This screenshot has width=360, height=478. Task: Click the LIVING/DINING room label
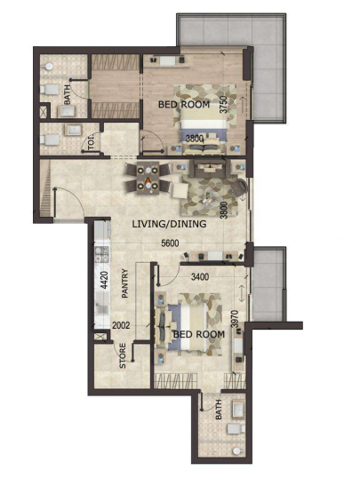169,224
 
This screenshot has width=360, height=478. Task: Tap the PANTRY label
125,283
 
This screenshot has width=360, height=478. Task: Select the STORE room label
123,355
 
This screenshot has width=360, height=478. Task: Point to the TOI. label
92,143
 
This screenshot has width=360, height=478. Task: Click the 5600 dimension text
170,243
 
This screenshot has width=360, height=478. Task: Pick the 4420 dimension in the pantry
104,280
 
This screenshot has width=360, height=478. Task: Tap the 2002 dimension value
121,325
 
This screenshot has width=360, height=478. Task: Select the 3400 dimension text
200,277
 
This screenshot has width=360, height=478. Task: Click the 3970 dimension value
235,319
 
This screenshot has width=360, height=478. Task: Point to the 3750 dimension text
224,105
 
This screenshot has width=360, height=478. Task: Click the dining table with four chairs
148,178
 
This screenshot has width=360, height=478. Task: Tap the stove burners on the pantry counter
102,254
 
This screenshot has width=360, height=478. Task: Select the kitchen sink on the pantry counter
101,308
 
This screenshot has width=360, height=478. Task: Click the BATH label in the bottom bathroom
219,410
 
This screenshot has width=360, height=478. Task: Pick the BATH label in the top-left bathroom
67,94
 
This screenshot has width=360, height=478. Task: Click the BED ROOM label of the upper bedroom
184,105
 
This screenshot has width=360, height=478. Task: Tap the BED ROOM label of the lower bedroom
199,334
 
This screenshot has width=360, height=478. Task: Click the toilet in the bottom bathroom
236,429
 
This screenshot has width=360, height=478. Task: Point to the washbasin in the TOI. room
73,131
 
